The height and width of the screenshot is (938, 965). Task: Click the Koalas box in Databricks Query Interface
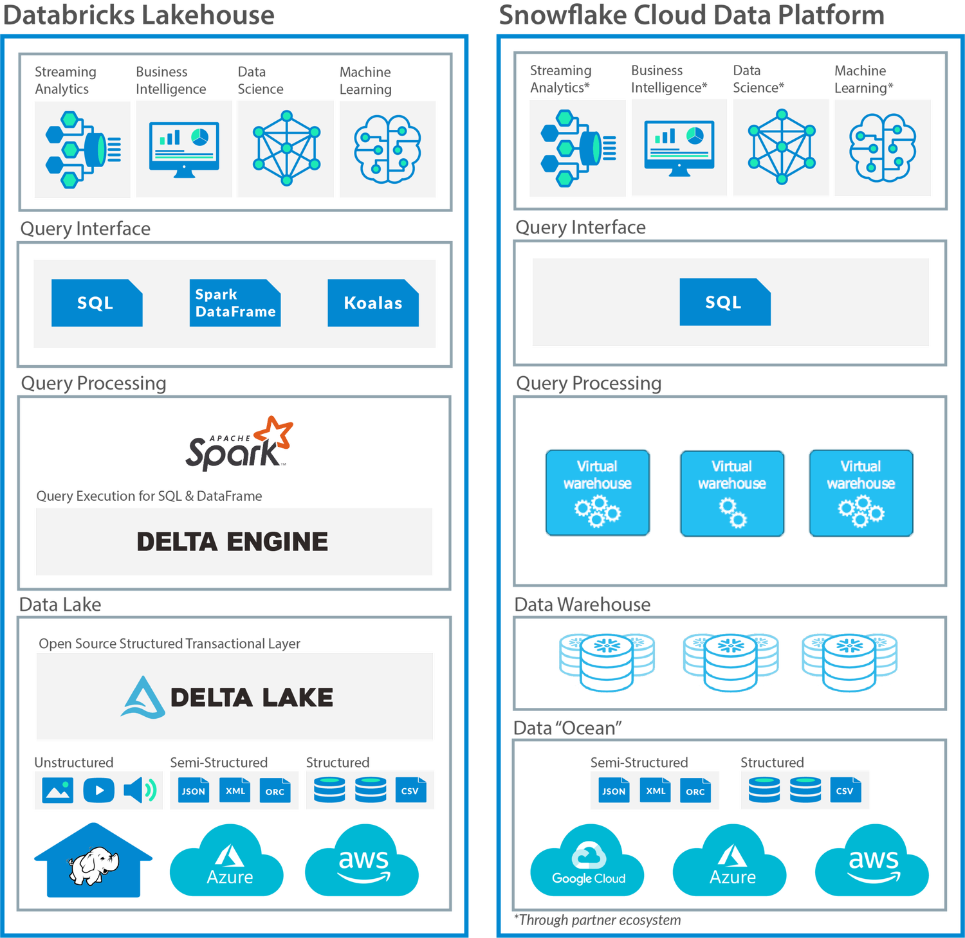click(373, 303)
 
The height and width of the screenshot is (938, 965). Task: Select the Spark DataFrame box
click(235, 303)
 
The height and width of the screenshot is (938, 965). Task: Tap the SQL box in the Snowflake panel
click(724, 302)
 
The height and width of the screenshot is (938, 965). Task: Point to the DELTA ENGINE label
click(232, 542)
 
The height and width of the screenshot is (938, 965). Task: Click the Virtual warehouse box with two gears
click(732, 493)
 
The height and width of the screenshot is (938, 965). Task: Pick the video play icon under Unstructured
click(99, 790)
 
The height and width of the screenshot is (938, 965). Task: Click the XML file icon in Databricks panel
click(235, 791)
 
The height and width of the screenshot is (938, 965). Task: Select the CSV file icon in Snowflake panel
click(845, 791)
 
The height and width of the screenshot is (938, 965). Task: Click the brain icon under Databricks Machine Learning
click(387, 149)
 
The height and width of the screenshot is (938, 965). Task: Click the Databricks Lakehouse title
click(139, 15)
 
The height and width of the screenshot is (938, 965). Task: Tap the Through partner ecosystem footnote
click(598, 921)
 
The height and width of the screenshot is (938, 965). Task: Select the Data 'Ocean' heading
click(568, 728)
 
